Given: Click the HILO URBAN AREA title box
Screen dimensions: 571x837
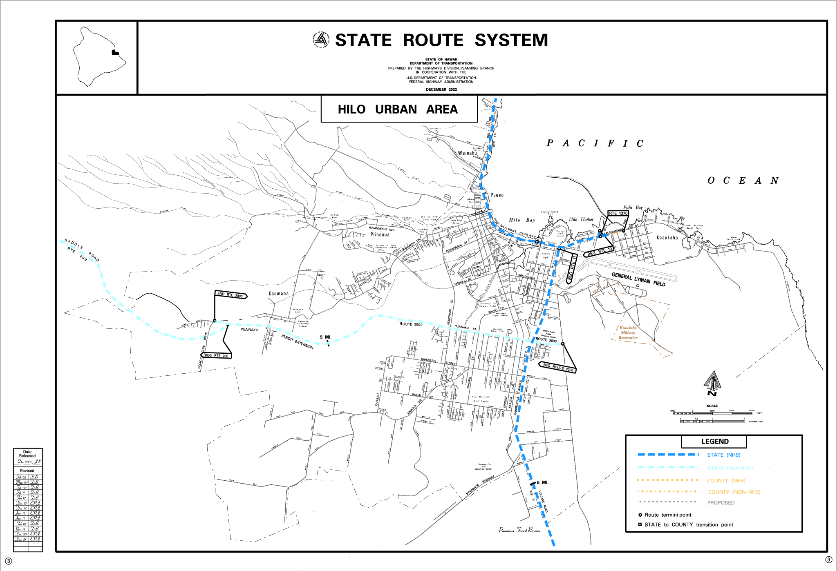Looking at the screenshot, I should tap(398, 109).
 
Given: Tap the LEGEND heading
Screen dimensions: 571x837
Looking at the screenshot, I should tap(714, 442).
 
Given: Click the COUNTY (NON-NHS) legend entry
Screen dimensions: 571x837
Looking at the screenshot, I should tap(734, 492).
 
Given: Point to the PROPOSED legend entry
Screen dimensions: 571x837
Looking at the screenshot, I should tap(721, 503).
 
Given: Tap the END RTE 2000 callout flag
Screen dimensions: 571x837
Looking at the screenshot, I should tap(231, 295).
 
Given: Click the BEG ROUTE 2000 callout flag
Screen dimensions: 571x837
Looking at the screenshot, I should tap(558, 367).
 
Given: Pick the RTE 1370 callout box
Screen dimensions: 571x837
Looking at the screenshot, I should tap(618, 213).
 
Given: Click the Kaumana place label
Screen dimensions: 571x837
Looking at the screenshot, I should tap(278, 294).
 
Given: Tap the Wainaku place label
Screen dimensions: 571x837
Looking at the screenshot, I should tap(467, 153).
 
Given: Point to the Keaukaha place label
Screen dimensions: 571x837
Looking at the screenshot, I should tap(667, 238).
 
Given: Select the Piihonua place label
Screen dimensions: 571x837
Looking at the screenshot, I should tap(380, 234).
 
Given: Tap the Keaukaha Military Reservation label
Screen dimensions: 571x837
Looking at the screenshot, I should tap(628, 333).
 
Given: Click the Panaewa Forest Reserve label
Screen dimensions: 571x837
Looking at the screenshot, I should tap(519, 530).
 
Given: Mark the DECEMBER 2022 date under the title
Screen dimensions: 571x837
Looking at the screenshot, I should tap(441, 89).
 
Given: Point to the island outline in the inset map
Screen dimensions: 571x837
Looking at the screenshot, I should tap(97, 56).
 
